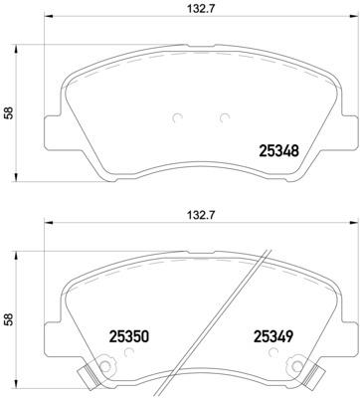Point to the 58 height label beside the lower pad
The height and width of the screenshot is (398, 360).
[x=10, y=321]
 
